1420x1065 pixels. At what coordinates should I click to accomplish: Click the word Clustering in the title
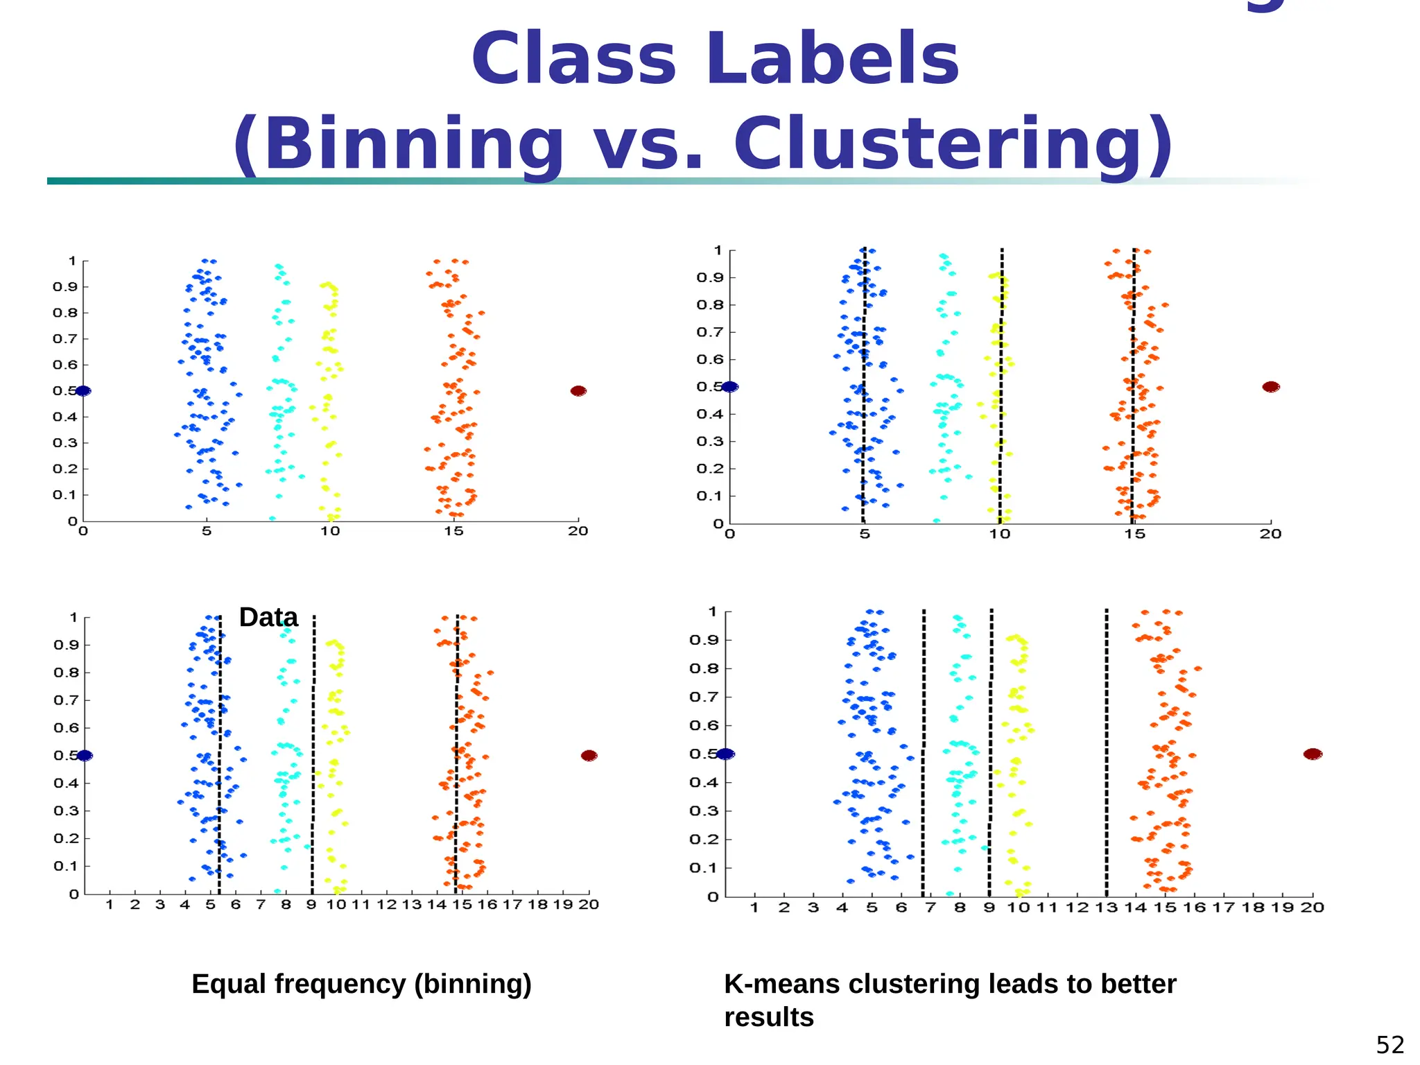(x=953, y=144)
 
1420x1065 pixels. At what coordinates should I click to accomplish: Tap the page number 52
(x=1389, y=1044)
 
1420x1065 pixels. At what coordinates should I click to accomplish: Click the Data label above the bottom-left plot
(x=268, y=617)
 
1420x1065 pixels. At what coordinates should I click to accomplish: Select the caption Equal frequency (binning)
(x=361, y=984)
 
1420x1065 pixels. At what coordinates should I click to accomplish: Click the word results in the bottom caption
(x=768, y=1017)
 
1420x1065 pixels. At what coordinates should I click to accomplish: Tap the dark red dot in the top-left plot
(x=578, y=391)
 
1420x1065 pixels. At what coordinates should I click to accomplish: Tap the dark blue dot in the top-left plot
(x=83, y=391)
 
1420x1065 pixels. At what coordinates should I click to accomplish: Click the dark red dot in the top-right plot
(x=1271, y=387)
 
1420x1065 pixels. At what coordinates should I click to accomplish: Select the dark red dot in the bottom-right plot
(x=1313, y=754)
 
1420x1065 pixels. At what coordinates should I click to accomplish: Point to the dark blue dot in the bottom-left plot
(x=85, y=756)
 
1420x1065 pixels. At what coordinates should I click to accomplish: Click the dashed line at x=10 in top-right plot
(x=1001, y=388)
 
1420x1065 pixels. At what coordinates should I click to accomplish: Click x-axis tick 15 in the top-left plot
(x=453, y=532)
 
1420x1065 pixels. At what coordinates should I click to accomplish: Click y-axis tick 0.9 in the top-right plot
(x=710, y=277)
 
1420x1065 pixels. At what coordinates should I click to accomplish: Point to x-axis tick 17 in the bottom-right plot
(x=1224, y=908)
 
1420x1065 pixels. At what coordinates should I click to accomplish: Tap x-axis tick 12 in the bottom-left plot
(x=386, y=905)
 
